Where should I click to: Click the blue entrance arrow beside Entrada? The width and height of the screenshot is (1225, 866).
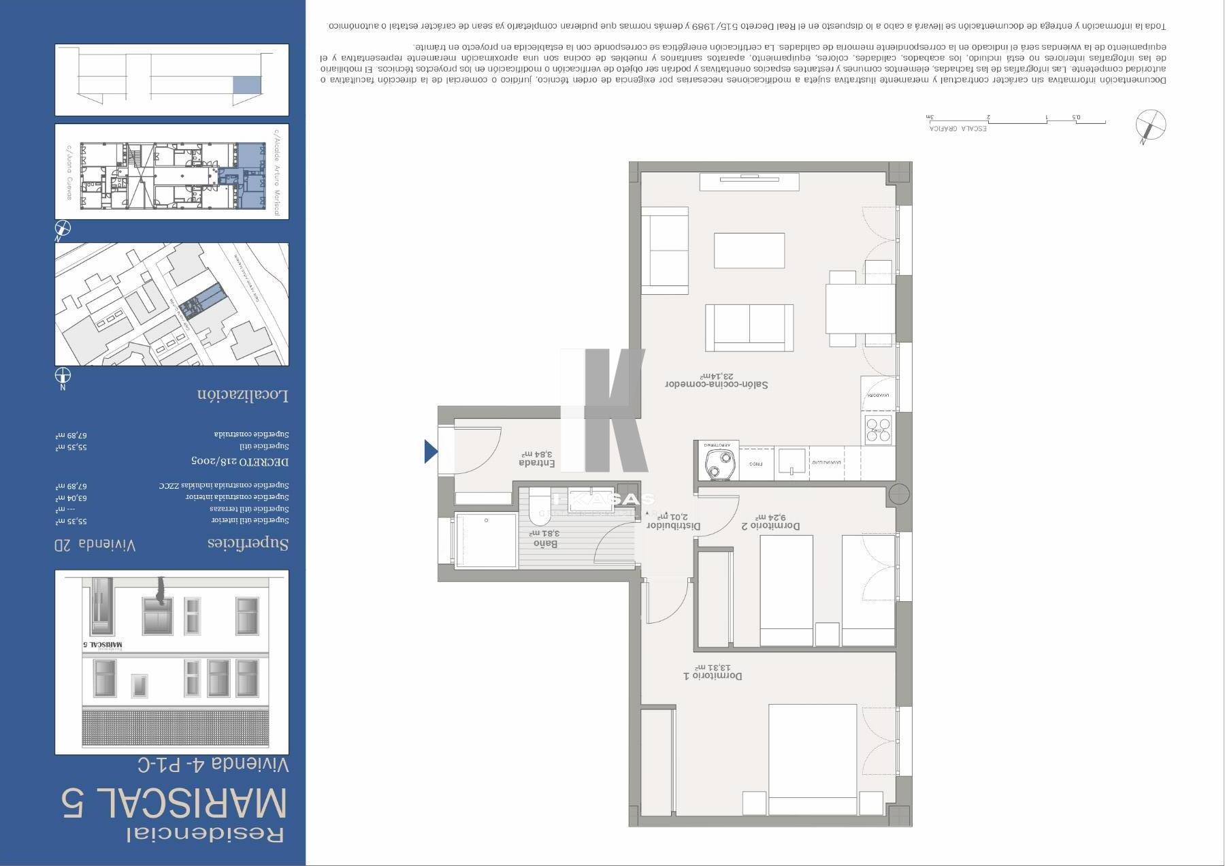(431, 451)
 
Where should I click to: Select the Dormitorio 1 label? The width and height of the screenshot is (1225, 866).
(713, 673)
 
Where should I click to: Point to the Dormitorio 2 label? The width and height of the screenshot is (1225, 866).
(770, 522)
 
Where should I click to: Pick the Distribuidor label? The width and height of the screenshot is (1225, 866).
(673, 522)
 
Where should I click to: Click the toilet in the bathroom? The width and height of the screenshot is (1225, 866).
(539, 504)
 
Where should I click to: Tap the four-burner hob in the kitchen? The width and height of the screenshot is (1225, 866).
(878, 430)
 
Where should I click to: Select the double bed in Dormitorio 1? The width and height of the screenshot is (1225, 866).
(812, 759)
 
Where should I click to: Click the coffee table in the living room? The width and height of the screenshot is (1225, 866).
(749, 251)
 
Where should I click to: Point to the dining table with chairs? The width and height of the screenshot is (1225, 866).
(860, 308)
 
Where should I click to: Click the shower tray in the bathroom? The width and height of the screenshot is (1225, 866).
(485, 540)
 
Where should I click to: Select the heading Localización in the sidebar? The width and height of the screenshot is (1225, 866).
(243, 395)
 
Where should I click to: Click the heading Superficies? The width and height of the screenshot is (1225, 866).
(248, 543)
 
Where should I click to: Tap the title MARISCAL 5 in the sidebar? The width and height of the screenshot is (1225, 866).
(174, 803)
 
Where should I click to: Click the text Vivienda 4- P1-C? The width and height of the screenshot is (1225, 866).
(214, 765)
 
